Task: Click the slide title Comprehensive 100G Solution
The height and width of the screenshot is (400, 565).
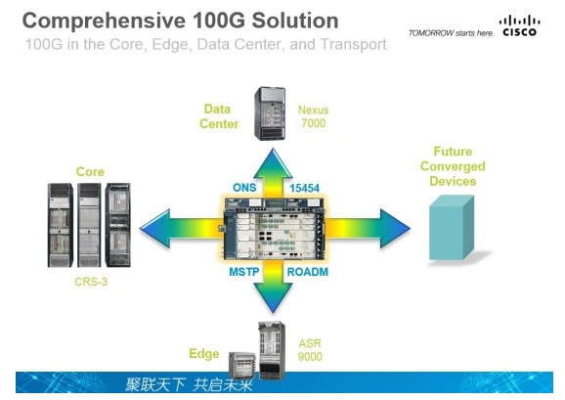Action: [x=180, y=21]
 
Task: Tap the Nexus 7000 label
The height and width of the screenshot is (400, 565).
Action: [x=313, y=117]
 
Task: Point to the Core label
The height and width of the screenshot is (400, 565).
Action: [x=90, y=172]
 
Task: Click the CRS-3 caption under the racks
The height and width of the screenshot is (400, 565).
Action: [x=90, y=279]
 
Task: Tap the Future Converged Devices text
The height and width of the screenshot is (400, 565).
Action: [x=453, y=166]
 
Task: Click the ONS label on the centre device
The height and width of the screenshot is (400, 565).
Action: [x=243, y=188]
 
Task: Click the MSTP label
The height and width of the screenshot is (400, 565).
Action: [x=244, y=271]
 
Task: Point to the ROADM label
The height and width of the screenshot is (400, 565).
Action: [x=307, y=271]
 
